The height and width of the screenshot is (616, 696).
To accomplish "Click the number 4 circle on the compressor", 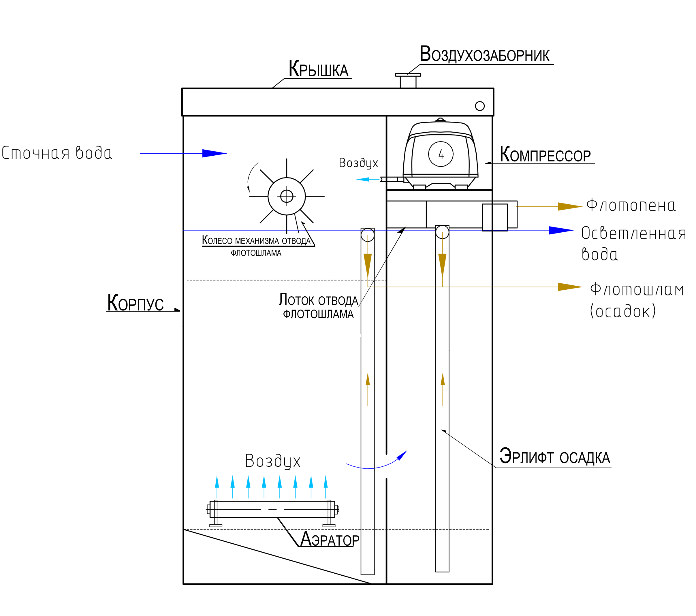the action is tap(441, 154).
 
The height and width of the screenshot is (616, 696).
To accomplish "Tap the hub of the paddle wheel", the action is tap(286, 196).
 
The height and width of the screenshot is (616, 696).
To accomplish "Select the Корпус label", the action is tap(136, 302).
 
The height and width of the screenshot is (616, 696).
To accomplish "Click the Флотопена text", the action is tap(631, 205).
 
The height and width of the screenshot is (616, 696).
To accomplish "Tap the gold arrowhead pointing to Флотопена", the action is tap(570, 206).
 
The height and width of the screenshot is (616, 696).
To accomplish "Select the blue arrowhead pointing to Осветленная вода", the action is tap(561, 230).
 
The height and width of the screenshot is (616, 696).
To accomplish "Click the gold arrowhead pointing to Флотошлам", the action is tap(570, 287).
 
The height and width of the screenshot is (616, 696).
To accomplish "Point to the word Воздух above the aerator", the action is tap(272, 461).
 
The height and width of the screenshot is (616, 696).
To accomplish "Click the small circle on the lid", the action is tap(479, 106).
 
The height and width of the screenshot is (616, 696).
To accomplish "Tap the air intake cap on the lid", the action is tap(408, 75).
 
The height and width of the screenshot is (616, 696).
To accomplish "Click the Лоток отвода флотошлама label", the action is tap(318, 306).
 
